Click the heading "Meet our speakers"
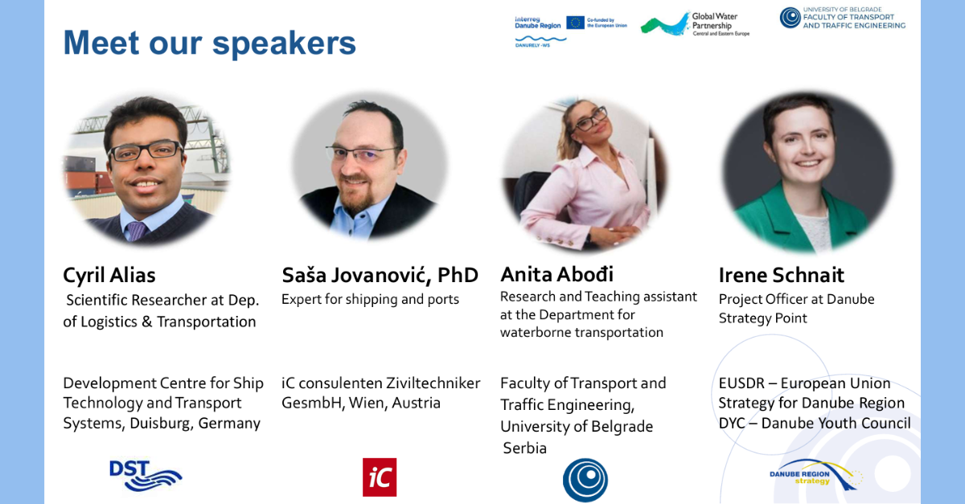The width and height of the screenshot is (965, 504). pyautogui.click(x=210, y=43)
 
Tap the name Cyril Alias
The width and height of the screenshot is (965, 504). pyautogui.click(x=109, y=275)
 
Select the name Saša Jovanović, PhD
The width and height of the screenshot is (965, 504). pyautogui.click(x=380, y=275)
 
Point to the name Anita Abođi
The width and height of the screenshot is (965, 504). pyautogui.click(x=556, y=274)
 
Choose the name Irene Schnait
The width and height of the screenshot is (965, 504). pyautogui.click(x=781, y=275)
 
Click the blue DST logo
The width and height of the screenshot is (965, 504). pyautogui.click(x=146, y=475)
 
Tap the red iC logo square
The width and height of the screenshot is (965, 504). pyautogui.click(x=380, y=477)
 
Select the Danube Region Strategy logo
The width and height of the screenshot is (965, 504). pyautogui.click(x=816, y=476)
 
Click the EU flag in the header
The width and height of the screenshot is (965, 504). pyautogui.click(x=575, y=23)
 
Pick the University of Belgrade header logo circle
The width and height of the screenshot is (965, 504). pyautogui.click(x=790, y=18)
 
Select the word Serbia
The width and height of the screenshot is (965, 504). pyautogui.click(x=524, y=448)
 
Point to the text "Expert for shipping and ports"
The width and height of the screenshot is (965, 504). pyautogui.click(x=370, y=299)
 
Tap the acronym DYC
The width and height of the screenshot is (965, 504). pyautogui.click(x=732, y=423)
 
